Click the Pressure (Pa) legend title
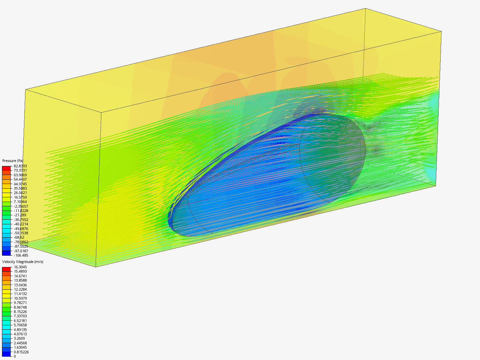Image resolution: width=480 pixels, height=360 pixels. (x=13, y=161)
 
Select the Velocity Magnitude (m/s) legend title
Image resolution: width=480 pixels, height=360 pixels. (x=23, y=262)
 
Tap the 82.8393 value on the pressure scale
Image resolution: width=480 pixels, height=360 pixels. (x=20, y=166)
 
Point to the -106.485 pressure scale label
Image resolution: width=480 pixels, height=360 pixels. (x=21, y=255)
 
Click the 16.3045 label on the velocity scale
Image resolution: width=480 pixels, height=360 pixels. (x=20, y=267)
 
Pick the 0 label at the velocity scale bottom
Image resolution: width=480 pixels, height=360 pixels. (x=15, y=356)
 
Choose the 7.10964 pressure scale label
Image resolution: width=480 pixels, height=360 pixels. (x=20, y=202)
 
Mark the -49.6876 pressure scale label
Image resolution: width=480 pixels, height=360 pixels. (x=21, y=229)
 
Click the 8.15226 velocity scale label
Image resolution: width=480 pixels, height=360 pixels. (x=20, y=312)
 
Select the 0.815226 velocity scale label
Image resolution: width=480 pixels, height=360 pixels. (x=21, y=352)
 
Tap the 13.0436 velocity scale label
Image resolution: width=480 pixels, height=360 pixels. (x=20, y=285)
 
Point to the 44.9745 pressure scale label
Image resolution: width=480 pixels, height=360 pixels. (x=20, y=184)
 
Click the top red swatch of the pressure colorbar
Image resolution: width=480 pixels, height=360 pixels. (x=6, y=168)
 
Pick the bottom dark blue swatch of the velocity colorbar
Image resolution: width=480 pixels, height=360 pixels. (x=6, y=354)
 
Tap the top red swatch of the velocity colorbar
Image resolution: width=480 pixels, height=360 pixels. (x=6, y=269)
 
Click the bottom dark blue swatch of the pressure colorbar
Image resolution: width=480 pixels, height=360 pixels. (x=6, y=253)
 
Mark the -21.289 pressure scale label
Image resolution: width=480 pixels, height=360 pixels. (x=20, y=215)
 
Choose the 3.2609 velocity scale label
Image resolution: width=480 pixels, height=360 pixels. (x=19, y=338)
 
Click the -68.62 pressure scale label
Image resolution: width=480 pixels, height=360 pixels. (x=19, y=237)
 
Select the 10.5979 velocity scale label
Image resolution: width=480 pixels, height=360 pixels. (x=20, y=298)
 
